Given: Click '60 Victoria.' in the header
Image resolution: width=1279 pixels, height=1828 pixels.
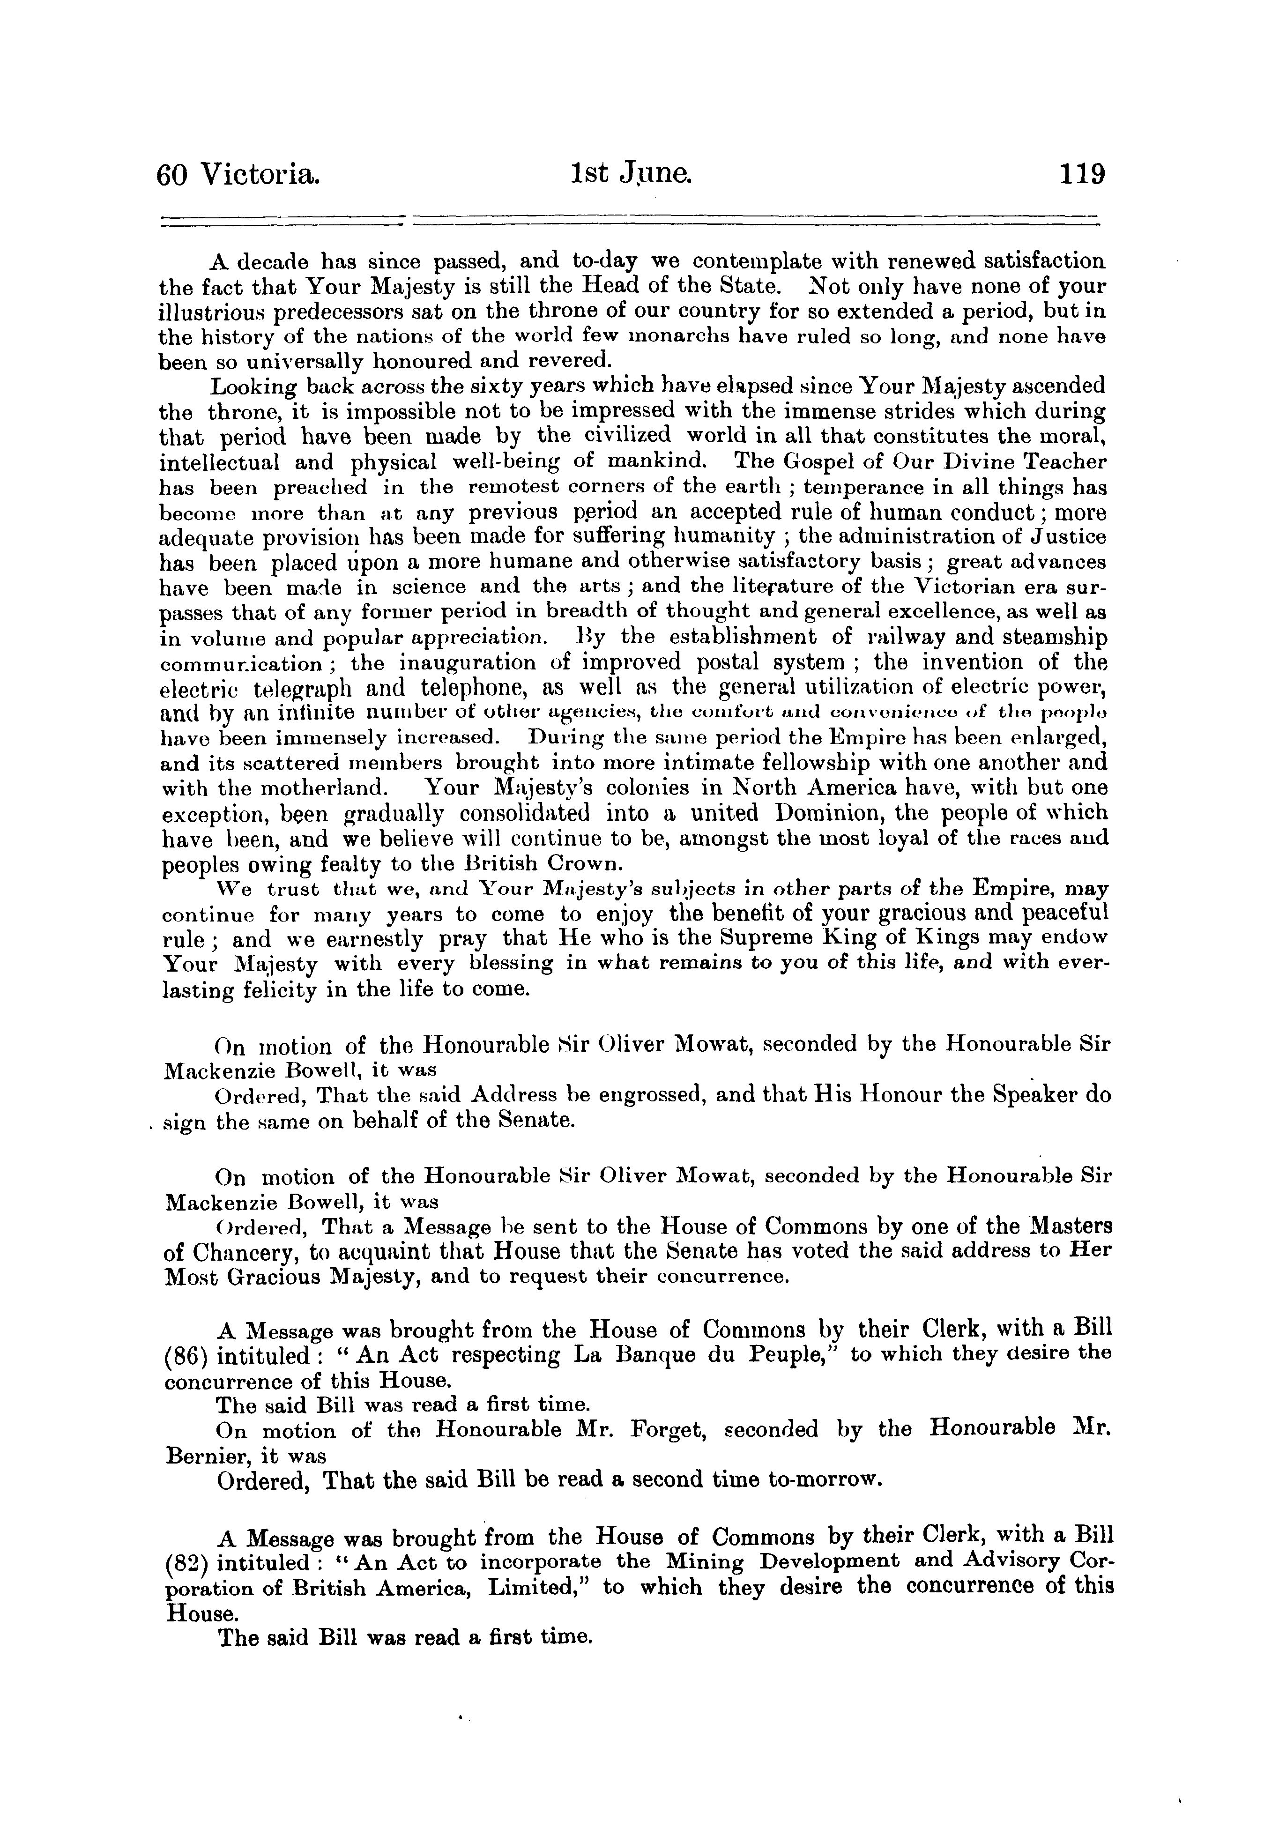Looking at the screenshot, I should tap(239, 174).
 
